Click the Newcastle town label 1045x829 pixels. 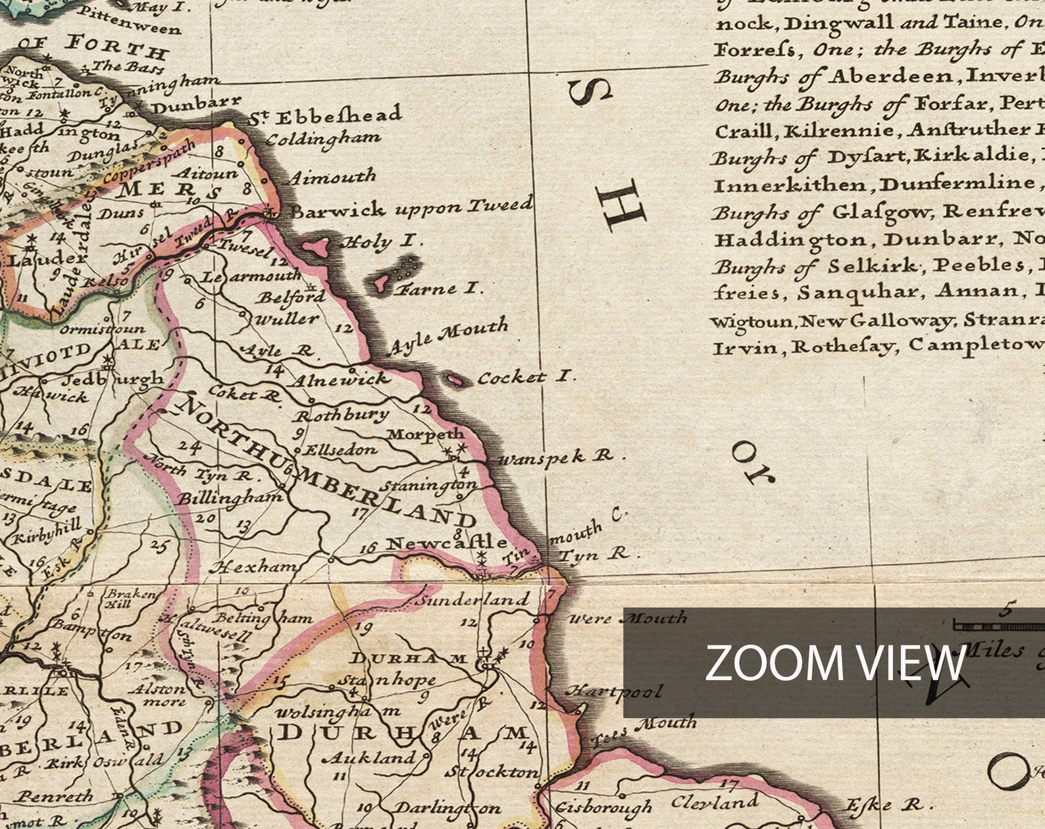pyautogui.click(x=446, y=543)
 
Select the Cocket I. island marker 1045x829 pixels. pyautogui.click(x=453, y=379)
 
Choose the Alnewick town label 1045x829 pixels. pyautogui.click(x=340, y=380)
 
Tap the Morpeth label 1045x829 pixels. pyautogui.click(x=425, y=434)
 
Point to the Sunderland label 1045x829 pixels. pyautogui.click(x=473, y=600)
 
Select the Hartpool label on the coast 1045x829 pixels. pyautogui.click(x=614, y=691)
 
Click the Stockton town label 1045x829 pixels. pyautogui.click(x=492, y=771)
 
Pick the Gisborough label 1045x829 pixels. pyautogui.click(x=603, y=807)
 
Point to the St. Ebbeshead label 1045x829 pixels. pyautogui.click(x=325, y=116)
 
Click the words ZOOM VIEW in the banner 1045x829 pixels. pyautogui.click(x=834, y=663)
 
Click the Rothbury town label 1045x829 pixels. pyautogui.click(x=341, y=415)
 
